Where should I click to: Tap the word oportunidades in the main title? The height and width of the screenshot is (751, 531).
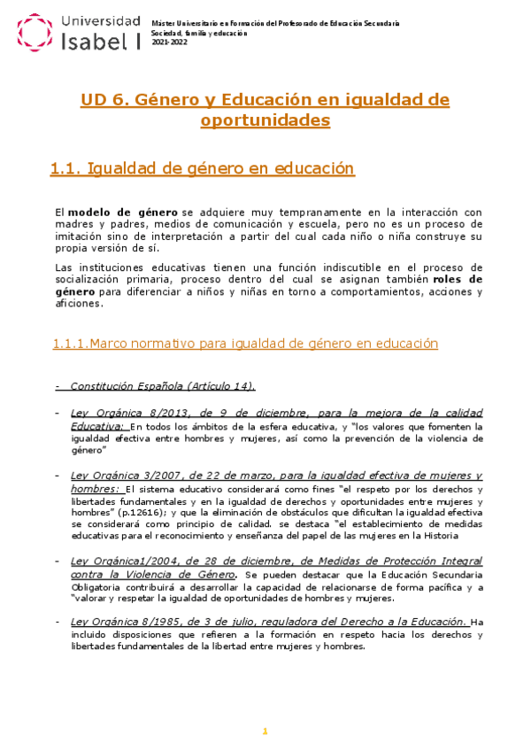[265, 120]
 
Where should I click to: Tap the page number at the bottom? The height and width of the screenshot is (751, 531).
[264, 730]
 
